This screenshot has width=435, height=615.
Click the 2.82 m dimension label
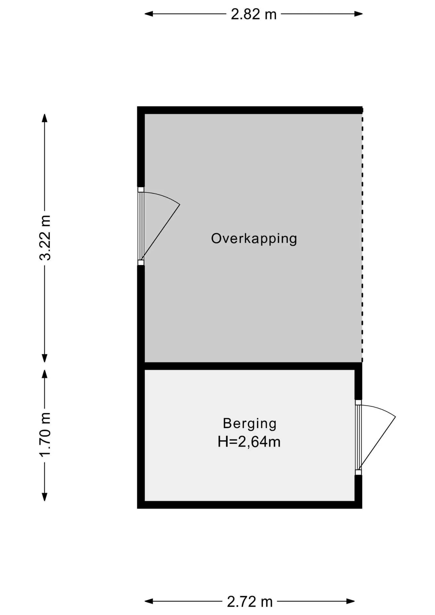[x=253, y=14]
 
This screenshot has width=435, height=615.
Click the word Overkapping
[x=254, y=239]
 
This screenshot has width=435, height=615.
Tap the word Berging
[x=250, y=423]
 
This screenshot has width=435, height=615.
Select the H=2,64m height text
[x=249, y=442]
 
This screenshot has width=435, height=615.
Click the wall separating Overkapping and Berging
[x=250, y=366]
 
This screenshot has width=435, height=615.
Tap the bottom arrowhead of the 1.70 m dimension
[x=45, y=496]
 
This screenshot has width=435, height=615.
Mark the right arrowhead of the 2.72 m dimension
[x=350, y=602]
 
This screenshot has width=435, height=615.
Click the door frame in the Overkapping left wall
[x=141, y=226]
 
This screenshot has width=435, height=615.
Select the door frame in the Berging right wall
[x=358, y=438]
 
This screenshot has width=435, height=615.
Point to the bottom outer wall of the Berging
[x=250, y=505]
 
